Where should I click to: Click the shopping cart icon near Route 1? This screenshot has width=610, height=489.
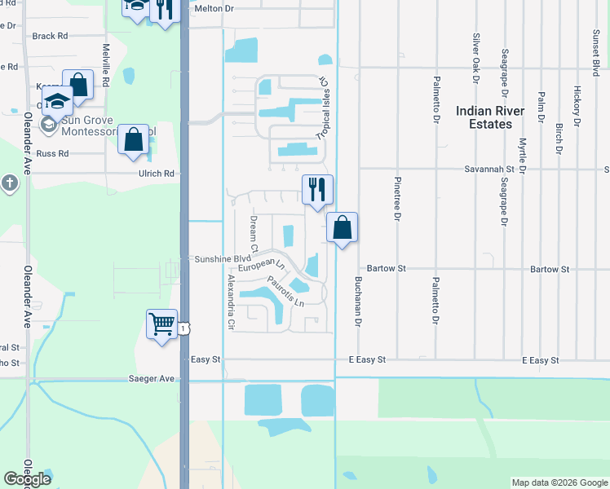pos(162,324)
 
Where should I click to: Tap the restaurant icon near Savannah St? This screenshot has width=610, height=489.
pos(317,189)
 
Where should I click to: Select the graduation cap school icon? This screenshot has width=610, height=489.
pos(58,101)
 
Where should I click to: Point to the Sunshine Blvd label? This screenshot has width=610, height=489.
pos(223,259)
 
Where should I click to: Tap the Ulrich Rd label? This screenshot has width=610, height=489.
pos(158,173)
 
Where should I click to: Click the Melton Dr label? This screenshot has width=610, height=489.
pos(214,8)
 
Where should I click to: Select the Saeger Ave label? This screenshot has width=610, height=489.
pos(152,378)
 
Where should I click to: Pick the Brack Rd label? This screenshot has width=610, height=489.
pos(50,36)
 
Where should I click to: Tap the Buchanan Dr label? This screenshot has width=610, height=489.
pos(357,298)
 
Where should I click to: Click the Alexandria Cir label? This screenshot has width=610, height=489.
pos(231,302)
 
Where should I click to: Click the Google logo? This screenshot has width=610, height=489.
pos(28,479)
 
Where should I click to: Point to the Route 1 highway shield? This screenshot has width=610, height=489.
pos(186,328)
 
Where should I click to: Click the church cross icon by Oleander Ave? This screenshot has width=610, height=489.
pos(9,183)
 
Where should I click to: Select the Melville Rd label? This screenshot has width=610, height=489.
pos(106,60)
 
